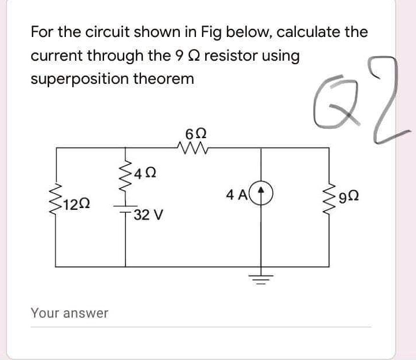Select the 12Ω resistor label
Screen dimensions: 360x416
[77, 203]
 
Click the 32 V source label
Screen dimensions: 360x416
[148, 216]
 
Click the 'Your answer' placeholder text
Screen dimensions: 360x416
[69, 313]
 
